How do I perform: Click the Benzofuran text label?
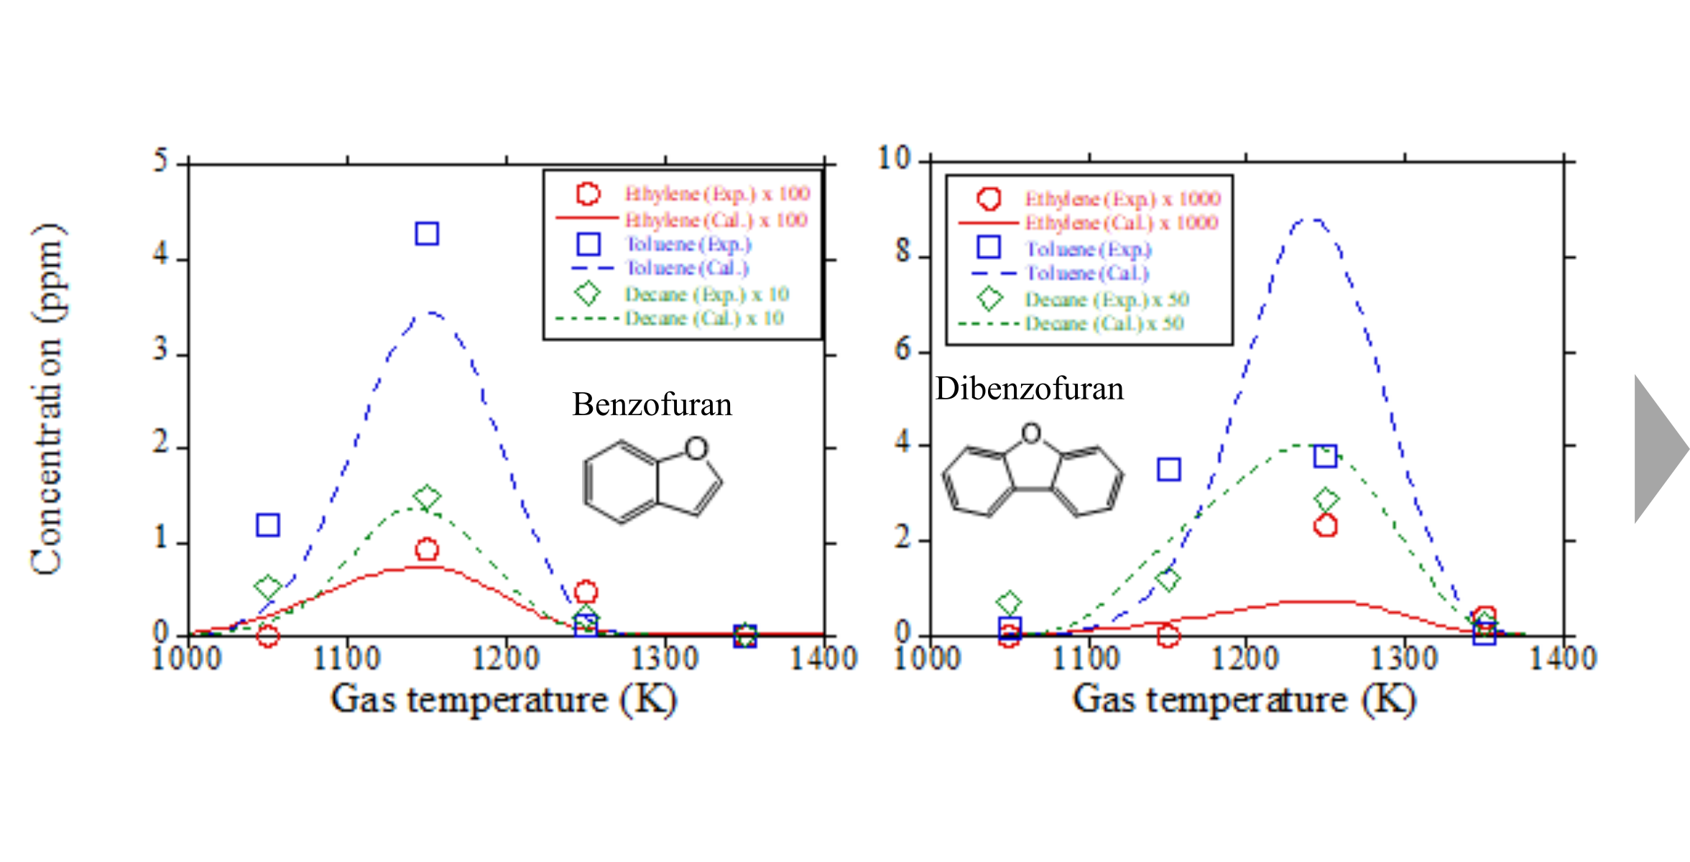click(x=652, y=404)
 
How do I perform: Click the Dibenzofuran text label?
click(x=1029, y=389)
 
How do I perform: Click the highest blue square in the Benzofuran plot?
click(x=427, y=233)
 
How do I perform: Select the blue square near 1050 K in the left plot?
click(x=268, y=525)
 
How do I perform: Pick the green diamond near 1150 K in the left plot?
click(x=427, y=497)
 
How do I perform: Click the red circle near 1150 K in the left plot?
click(x=427, y=550)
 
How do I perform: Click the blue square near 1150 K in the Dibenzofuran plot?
click(x=1169, y=469)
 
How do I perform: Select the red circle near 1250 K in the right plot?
click(x=1325, y=526)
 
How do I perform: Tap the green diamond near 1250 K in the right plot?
click(x=1326, y=499)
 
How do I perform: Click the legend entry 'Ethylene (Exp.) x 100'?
click(x=716, y=194)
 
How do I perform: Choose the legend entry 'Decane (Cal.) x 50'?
click(x=1104, y=323)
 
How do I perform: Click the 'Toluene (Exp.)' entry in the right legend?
click(x=1088, y=249)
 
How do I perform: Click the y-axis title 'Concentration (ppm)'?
click(x=47, y=399)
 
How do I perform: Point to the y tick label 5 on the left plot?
click(x=160, y=160)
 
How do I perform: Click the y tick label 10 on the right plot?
click(x=894, y=158)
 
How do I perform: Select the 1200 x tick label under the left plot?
click(x=506, y=658)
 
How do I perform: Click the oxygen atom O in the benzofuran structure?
click(x=696, y=448)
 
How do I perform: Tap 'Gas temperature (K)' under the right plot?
click(x=1245, y=700)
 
